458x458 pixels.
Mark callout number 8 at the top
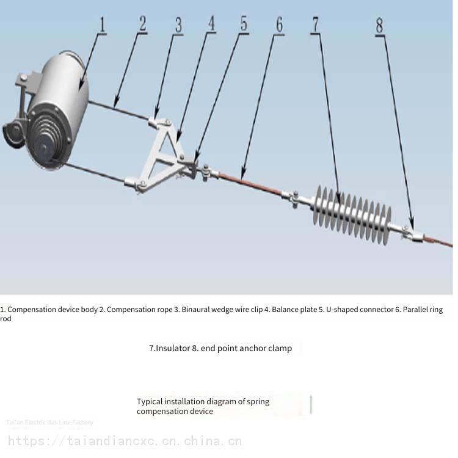point(380,25)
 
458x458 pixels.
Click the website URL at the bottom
point(125,441)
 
